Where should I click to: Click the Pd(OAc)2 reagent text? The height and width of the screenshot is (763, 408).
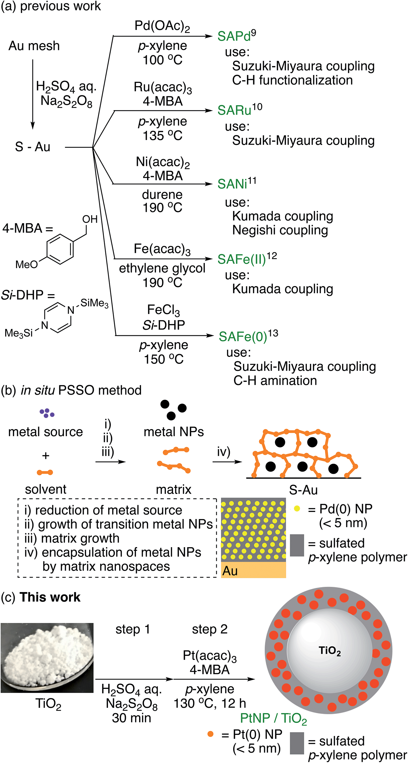pos(162,26)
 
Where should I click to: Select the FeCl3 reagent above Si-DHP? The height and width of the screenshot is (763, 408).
pos(163,310)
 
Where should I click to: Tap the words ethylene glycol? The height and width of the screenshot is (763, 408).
pos(162,268)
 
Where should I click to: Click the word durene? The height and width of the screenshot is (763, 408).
pos(162,195)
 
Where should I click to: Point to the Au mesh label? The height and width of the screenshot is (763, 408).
pos(34,46)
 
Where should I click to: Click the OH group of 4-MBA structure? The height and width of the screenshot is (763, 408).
pos(90,219)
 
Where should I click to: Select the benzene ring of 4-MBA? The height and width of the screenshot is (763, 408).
pos(60,249)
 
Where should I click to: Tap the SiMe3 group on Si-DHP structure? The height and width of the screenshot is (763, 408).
pos(94,303)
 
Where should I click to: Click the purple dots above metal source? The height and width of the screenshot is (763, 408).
pos(47,413)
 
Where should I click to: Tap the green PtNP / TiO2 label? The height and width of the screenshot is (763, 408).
pos(273,718)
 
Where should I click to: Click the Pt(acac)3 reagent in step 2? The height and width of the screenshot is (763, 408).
pos(210,656)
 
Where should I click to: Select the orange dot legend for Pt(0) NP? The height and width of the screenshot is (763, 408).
pos(210,734)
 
